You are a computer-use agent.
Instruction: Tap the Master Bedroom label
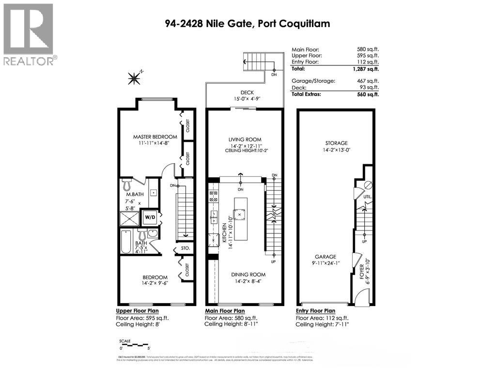point(155,137)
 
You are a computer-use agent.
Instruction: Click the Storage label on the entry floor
point(336,143)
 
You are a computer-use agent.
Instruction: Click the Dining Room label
point(248,274)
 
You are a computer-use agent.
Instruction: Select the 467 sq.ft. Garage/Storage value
point(368,81)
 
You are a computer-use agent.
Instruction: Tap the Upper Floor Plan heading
point(137,311)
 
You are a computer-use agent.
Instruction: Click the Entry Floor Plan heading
point(315,311)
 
